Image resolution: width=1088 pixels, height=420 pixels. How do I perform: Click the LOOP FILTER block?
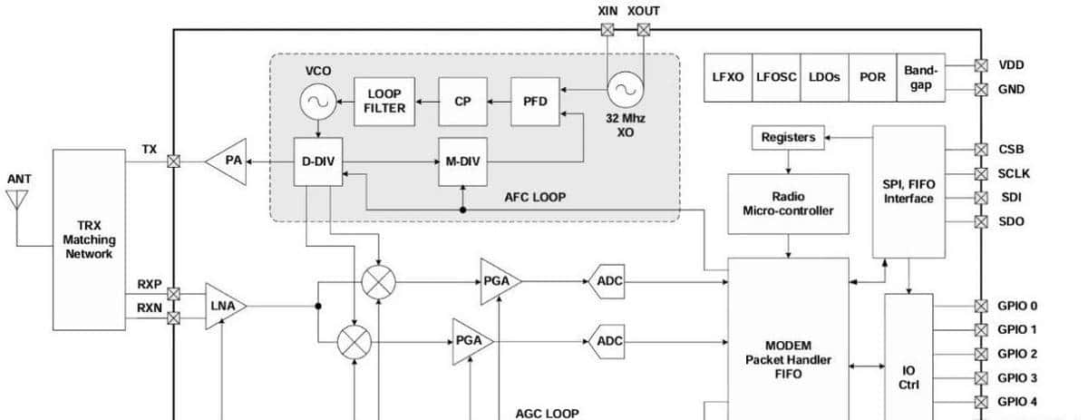385,101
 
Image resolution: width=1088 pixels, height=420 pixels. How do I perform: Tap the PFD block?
536,101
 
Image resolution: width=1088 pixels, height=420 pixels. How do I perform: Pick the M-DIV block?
462,162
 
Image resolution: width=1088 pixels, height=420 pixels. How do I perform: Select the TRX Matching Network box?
89,240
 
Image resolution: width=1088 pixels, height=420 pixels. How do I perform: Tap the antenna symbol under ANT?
17,200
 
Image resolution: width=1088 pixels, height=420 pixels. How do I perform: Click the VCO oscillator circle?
318,101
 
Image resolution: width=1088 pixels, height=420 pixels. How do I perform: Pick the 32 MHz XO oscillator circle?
625,89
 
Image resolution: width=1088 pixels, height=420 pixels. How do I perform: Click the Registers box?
787,138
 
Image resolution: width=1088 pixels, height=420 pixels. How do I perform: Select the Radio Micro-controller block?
788,203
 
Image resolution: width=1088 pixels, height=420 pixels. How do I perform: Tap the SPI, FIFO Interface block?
908,191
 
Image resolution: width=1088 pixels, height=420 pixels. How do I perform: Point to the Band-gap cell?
921,76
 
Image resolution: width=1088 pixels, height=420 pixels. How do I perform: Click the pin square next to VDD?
981,65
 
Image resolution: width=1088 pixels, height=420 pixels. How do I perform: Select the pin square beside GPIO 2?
981,354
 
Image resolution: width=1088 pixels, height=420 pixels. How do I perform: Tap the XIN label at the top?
607,11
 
